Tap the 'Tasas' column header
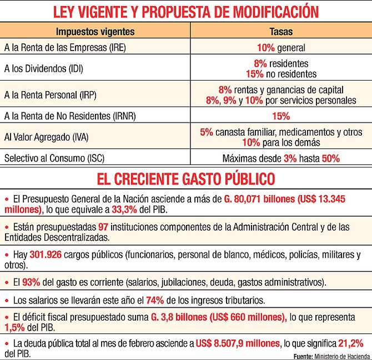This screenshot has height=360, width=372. [x=281, y=32]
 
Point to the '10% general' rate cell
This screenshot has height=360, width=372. [x=281, y=48]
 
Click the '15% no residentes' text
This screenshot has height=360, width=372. [x=281, y=74]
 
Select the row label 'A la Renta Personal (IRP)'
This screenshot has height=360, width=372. [x=51, y=95]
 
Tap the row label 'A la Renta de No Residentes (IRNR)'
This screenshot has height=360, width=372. [x=70, y=116]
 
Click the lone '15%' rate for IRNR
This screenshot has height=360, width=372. [x=281, y=116]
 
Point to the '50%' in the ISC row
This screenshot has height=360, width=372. [x=330, y=158]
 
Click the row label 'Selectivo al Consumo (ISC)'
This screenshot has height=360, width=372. [x=54, y=158]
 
